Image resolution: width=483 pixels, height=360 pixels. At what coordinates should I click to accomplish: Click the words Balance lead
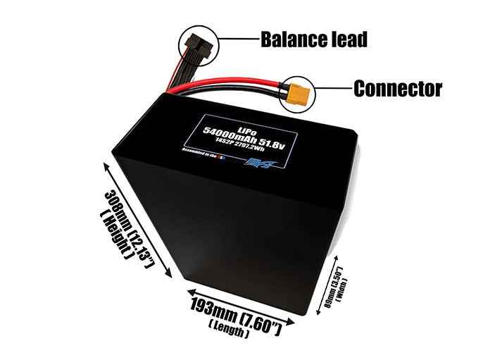(313, 39)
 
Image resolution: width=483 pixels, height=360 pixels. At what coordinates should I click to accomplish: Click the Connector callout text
(397, 89)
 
